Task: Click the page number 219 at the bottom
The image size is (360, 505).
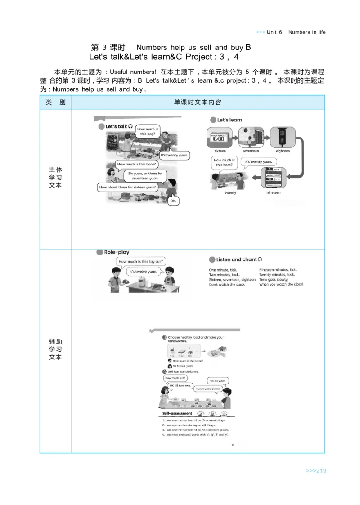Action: pyautogui.click(x=315, y=471)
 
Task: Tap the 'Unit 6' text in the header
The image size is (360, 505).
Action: pyautogui.click(x=274, y=32)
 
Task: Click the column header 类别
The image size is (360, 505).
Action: pyautogui.click(x=55, y=103)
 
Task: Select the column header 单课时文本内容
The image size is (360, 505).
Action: pyautogui.click(x=198, y=103)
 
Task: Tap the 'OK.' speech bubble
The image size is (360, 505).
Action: pyautogui.click(x=173, y=201)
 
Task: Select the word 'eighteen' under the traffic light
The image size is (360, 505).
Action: pyautogui.click(x=283, y=151)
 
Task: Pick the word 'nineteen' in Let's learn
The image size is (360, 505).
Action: pyautogui.click(x=273, y=192)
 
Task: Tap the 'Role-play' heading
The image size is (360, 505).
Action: pyautogui.click(x=117, y=253)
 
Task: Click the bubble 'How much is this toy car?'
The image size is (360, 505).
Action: pyautogui.click(x=141, y=261)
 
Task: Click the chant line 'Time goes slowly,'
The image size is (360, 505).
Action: pyautogui.click(x=274, y=279)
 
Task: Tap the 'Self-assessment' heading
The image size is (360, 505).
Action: pyautogui.click(x=177, y=413)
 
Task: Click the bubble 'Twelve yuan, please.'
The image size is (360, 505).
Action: pyautogui.click(x=208, y=389)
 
